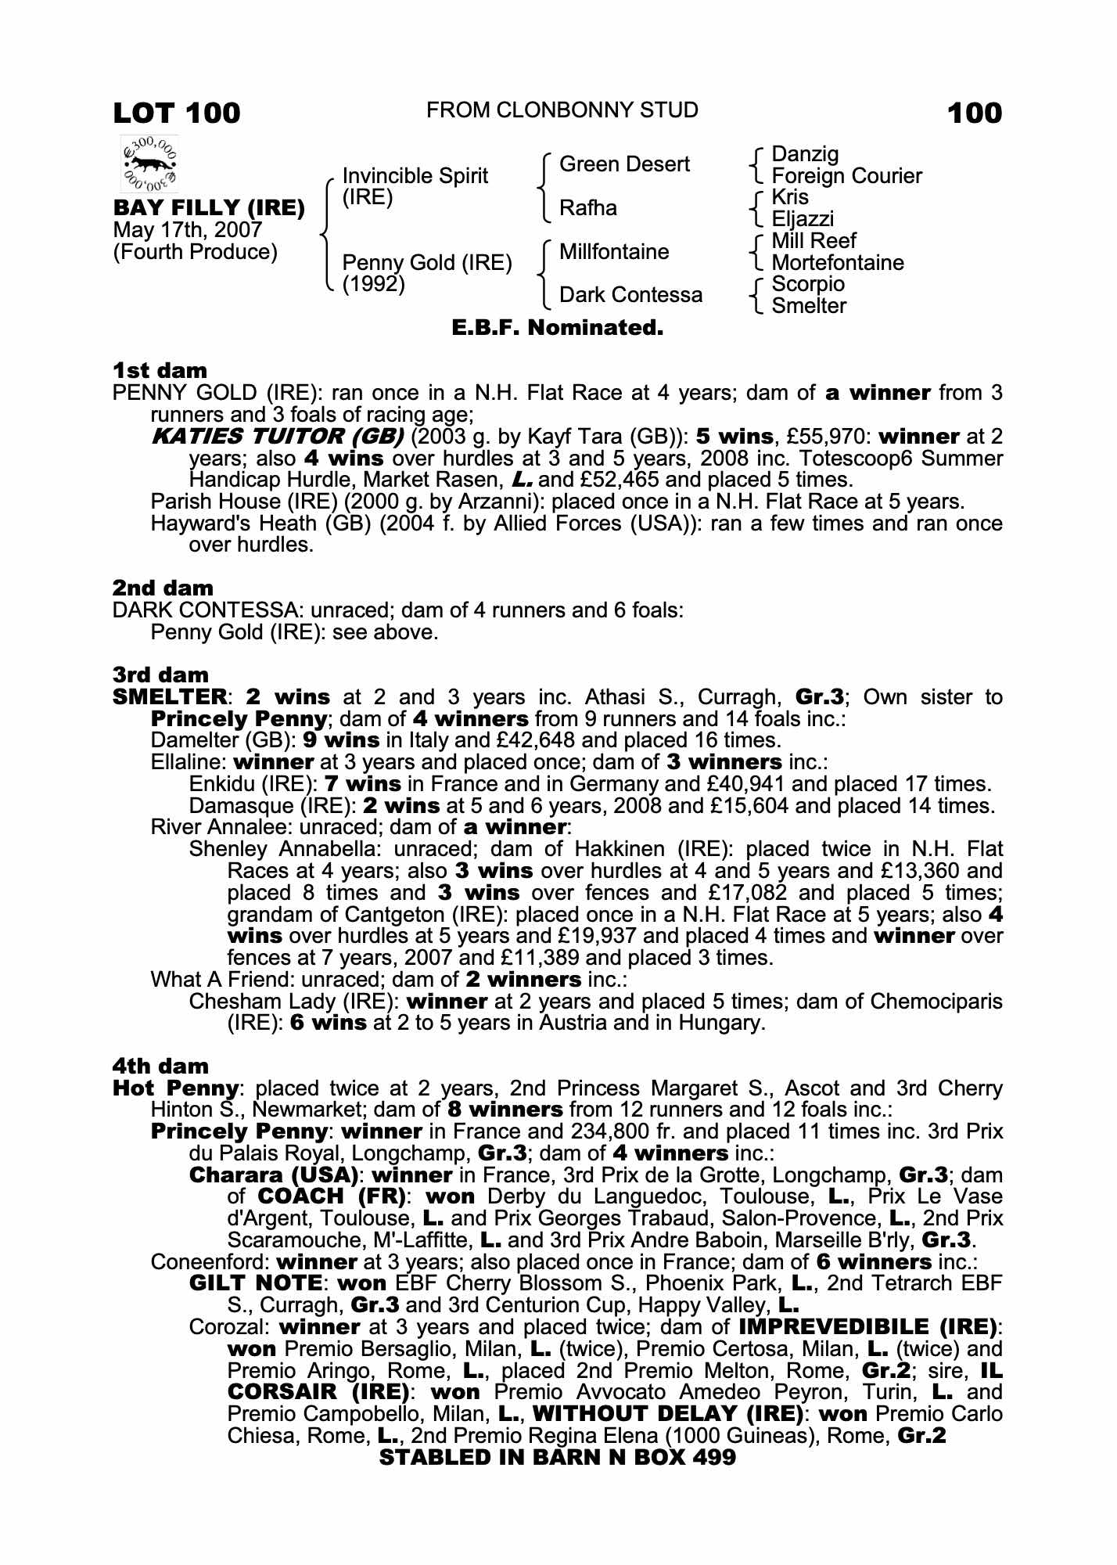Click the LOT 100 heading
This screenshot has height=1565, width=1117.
pyautogui.click(x=177, y=113)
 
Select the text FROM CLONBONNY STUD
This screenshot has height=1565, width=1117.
pyautogui.click(x=562, y=110)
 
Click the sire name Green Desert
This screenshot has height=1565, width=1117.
pyautogui.click(x=624, y=164)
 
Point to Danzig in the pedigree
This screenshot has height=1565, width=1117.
pyautogui.click(x=805, y=154)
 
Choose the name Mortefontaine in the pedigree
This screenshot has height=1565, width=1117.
pyautogui.click(x=837, y=263)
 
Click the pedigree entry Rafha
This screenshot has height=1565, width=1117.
pyautogui.click(x=588, y=208)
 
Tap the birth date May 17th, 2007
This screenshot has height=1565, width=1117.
pyautogui.click(x=188, y=230)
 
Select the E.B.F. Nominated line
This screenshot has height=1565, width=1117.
pyautogui.click(x=558, y=328)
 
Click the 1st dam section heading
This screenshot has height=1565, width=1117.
pyautogui.click(x=160, y=370)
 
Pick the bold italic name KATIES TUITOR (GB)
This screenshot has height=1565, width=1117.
pyautogui.click(x=277, y=437)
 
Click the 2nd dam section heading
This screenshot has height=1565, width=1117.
pyautogui.click(x=163, y=588)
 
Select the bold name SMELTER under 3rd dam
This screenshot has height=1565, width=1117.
pyautogui.click(x=170, y=697)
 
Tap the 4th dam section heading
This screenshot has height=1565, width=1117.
pyautogui.click(x=161, y=1067)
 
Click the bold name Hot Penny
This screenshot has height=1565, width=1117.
pyautogui.click(x=176, y=1088)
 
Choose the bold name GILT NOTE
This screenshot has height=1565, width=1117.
pyautogui.click(x=256, y=1283)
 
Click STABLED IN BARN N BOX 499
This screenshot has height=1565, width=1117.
pyautogui.click(x=557, y=1457)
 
